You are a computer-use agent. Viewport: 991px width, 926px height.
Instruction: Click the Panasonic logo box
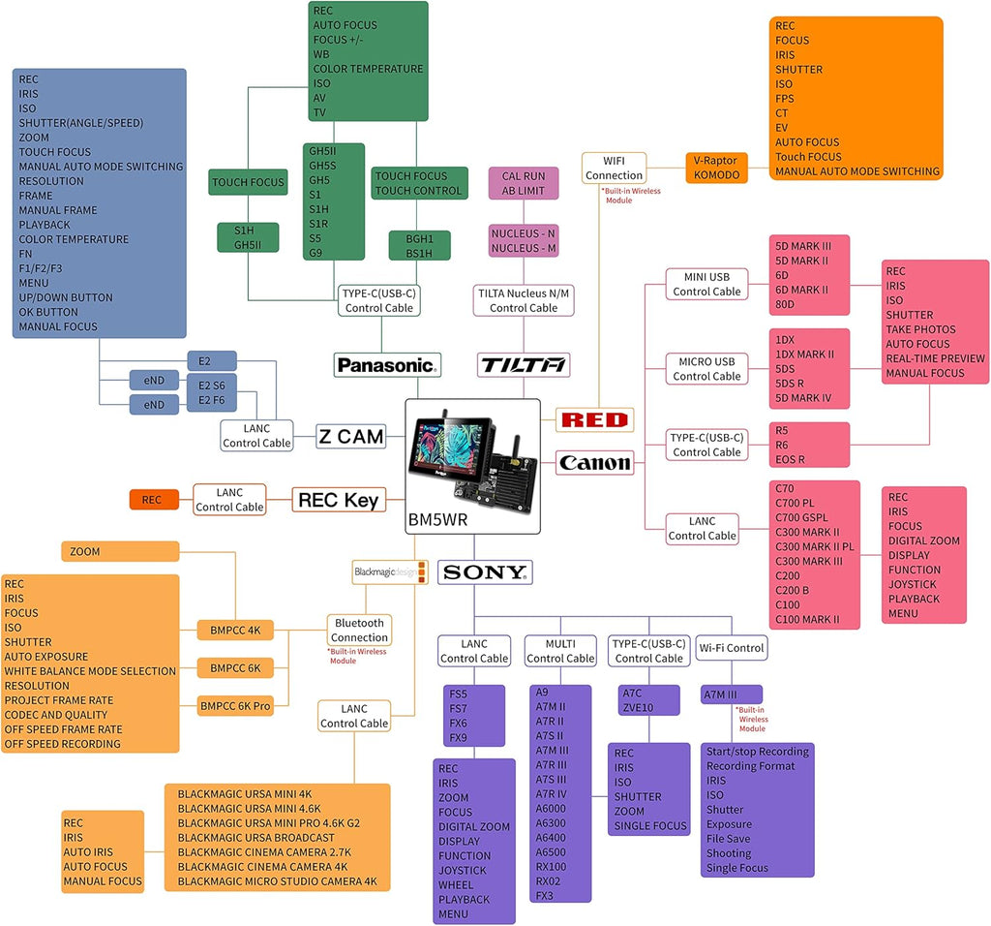(x=387, y=365)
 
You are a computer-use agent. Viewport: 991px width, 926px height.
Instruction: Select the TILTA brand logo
(x=524, y=365)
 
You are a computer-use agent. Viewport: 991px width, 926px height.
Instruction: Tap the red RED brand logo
(x=594, y=419)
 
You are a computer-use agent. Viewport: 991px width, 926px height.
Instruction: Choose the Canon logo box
(x=595, y=463)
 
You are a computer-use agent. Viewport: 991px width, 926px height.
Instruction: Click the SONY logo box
(x=485, y=572)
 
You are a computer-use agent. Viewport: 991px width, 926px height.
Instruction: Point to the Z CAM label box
(x=351, y=437)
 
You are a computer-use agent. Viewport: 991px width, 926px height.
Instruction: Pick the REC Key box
(x=339, y=501)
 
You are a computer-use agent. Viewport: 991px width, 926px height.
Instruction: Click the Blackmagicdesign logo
(x=390, y=572)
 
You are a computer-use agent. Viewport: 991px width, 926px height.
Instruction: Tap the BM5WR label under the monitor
(x=438, y=520)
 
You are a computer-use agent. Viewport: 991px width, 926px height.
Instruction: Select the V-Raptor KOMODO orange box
(x=716, y=168)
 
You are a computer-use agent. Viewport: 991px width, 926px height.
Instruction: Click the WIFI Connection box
(x=614, y=168)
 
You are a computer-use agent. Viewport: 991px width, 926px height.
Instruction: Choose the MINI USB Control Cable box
(x=706, y=284)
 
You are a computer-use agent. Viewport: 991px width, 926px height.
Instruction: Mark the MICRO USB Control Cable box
(x=706, y=369)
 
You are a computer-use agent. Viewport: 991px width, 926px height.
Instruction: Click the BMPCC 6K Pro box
(x=235, y=706)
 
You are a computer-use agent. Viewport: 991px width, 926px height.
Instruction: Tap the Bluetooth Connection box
(x=359, y=630)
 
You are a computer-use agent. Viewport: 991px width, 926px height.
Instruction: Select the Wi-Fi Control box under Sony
(x=732, y=648)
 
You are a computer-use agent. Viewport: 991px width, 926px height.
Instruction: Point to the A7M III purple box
(x=732, y=694)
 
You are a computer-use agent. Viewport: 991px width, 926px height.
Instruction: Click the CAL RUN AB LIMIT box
(x=524, y=183)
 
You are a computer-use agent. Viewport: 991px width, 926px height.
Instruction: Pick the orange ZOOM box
(x=120, y=551)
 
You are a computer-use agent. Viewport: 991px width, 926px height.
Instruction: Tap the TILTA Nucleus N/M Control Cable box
(x=524, y=300)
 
